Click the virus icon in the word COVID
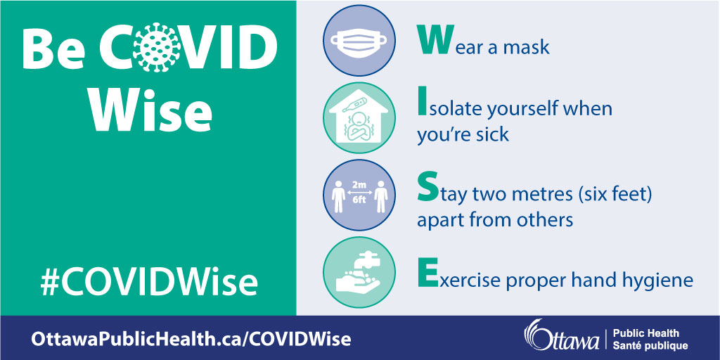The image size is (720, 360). [x=157, y=46]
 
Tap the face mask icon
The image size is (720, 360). [x=359, y=41]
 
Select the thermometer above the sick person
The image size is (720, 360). [x=355, y=107]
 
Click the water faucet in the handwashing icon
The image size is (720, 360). [x=370, y=262]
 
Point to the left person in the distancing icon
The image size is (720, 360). [x=338, y=197]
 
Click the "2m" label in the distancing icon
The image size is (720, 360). [x=359, y=186]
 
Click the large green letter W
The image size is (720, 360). [x=432, y=40]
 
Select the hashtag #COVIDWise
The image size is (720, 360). [x=149, y=283]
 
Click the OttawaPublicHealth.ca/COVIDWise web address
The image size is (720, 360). [x=191, y=340]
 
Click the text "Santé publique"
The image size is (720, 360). [x=650, y=345]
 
